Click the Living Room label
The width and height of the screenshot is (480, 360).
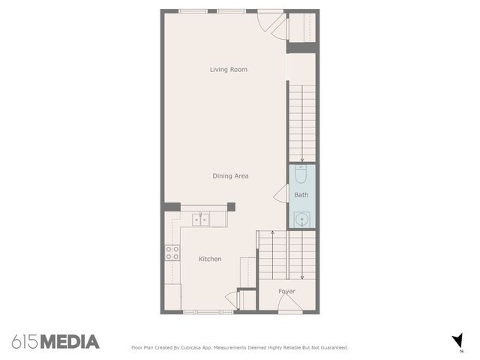tap(229, 70)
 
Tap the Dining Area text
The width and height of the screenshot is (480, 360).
tap(230, 176)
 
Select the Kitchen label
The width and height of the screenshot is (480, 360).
tap(210, 259)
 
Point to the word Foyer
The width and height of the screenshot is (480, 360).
tap(286, 291)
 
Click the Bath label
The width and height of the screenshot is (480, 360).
tap(301, 195)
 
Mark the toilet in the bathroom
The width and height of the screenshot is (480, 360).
tap(301, 175)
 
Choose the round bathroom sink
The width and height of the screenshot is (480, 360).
tap(301, 219)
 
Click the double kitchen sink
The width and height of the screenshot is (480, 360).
tap(200, 219)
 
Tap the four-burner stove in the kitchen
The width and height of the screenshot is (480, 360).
tap(172, 253)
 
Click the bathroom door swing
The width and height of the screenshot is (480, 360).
tap(280, 195)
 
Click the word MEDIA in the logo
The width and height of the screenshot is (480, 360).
tap(70, 342)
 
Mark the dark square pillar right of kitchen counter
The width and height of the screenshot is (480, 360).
tap(231, 207)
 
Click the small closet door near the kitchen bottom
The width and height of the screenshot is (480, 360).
tap(230, 301)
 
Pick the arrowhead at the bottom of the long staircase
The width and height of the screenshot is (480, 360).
tap(301, 160)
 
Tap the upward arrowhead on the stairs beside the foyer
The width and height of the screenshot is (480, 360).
tap(272, 232)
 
